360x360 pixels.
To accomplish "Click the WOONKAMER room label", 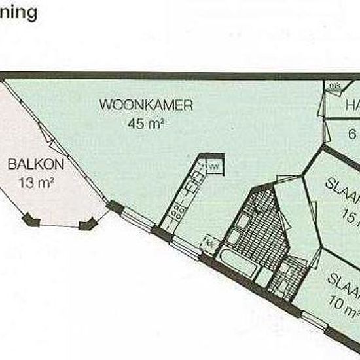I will point(146,105).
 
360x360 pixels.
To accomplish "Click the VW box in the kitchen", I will point(213,168).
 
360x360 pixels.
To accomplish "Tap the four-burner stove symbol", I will point(177,211).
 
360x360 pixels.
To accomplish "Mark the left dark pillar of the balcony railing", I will point(29,220).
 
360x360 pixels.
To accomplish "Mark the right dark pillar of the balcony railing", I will point(86,225).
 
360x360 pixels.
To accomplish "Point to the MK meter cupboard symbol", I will point(334,86).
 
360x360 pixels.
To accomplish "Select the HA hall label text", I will point(352,105).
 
